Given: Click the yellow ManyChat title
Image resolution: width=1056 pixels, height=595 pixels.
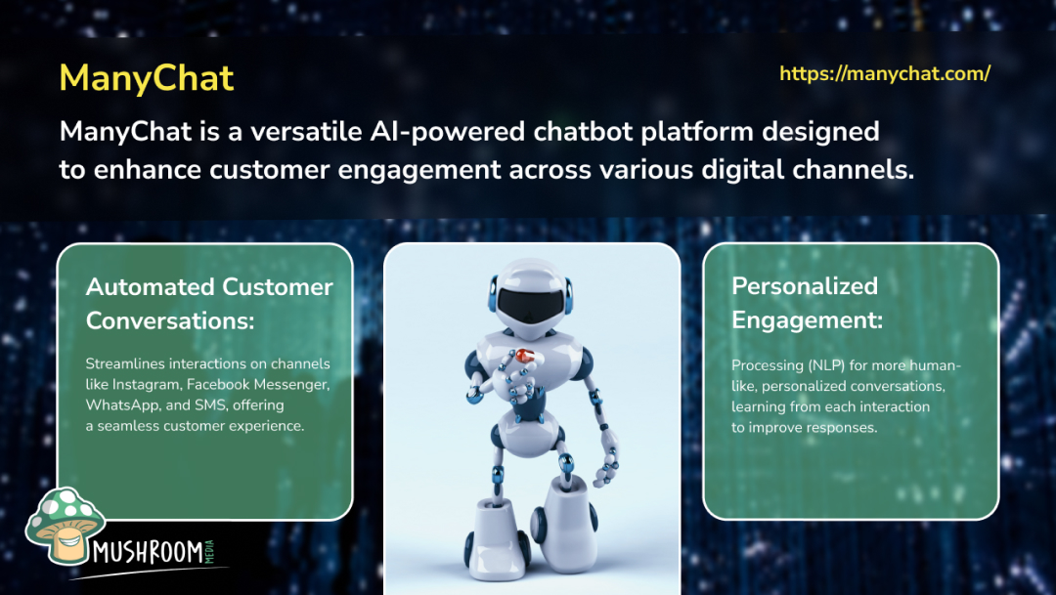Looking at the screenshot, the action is pyautogui.click(x=147, y=78).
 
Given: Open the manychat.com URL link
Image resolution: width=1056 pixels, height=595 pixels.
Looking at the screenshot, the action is pyautogui.click(x=885, y=73).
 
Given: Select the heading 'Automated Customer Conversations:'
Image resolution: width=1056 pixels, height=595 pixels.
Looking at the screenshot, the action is pyautogui.click(x=209, y=304).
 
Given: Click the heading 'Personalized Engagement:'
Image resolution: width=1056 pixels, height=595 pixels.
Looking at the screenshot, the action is pyautogui.click(x=807, y=303).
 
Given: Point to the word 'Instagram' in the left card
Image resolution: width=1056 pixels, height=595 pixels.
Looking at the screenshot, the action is pyautogui.click(x=146, y=384).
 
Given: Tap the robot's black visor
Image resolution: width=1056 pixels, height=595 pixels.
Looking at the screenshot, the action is pyautogui.click(x=531, y=306).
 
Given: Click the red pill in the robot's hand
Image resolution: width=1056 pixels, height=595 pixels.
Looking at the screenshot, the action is pyautogui.click(x=524, y=356).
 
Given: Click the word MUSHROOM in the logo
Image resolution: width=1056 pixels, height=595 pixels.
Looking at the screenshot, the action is pyautogui.click(x=149, y=552).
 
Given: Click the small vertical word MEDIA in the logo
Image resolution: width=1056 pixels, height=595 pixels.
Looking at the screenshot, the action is pyautogui.click(x=209, y=551).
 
